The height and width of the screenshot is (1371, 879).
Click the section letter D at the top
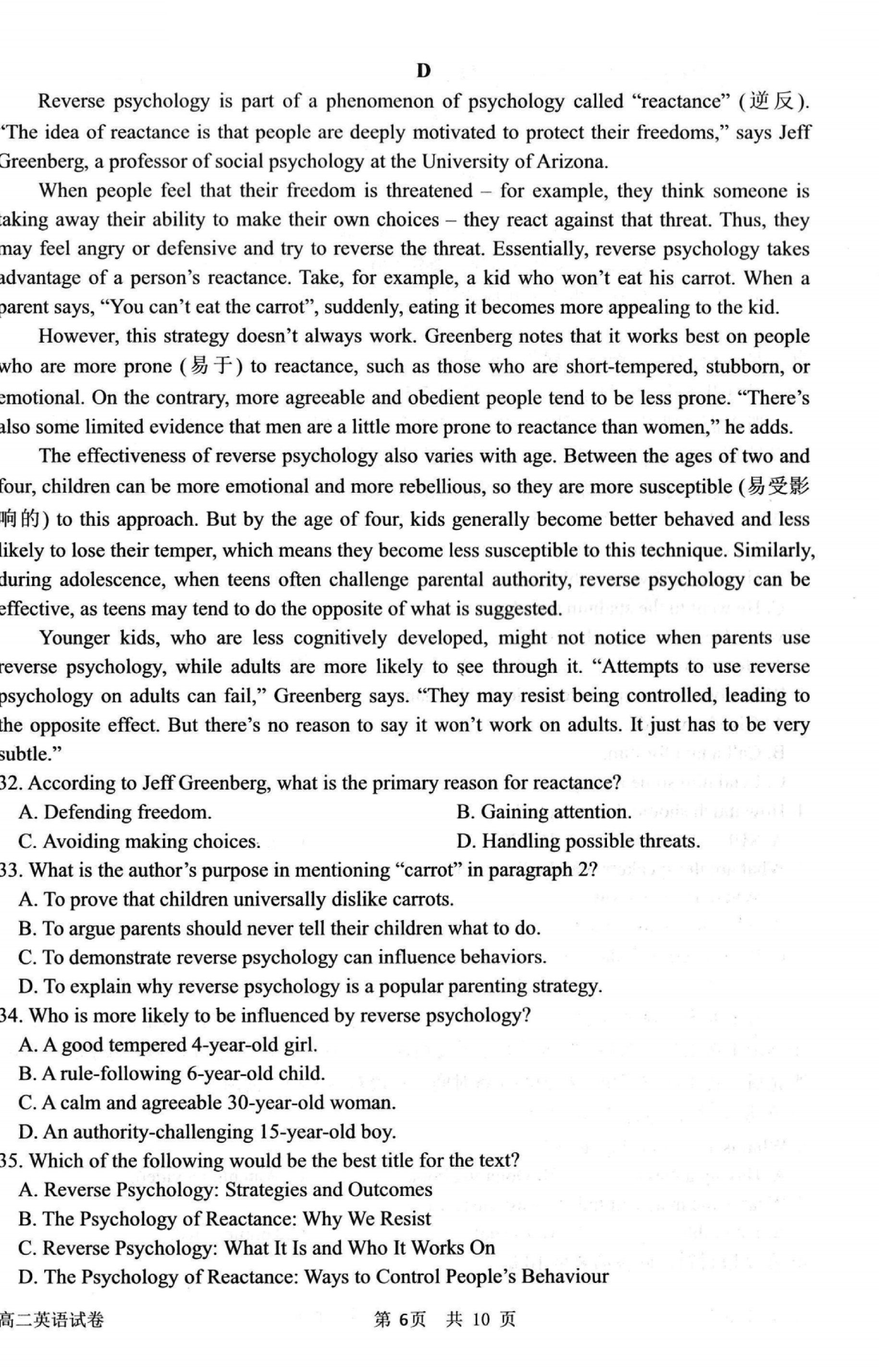(x=423, y=71)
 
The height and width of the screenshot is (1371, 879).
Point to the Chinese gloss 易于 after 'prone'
(x=211, y=366)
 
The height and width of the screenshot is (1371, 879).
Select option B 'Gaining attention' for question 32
(x=544, y=812)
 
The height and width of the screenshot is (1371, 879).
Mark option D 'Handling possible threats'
(x=578, y=841)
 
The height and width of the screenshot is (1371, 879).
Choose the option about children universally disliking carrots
(x=236, y=899)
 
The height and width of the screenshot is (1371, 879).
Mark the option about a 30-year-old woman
(x=207, y=1102)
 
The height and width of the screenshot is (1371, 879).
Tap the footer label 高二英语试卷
(x=52, y=1320)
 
